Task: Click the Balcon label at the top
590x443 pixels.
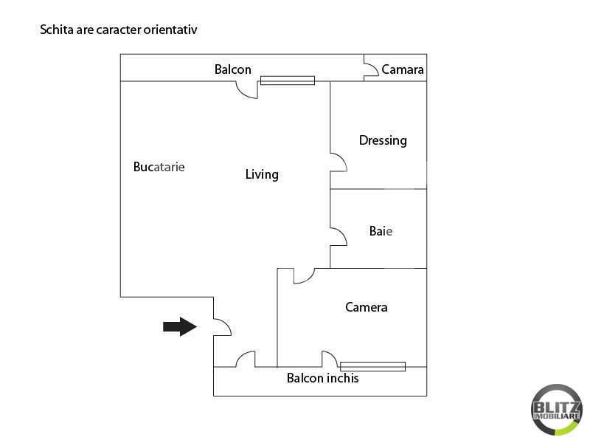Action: [232, 69]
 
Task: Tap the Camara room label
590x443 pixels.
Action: [402, 69]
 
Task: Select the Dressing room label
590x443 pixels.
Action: [383, 140]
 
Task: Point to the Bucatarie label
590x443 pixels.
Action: [159, 167]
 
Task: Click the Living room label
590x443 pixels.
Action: [262, 174]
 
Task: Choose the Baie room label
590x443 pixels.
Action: [381, 231]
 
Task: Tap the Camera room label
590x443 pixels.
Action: [366, 307]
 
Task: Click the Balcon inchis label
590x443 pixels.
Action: [322, 378]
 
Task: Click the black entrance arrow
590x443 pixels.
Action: [180, 326]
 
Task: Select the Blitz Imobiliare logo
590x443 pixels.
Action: [557, 410]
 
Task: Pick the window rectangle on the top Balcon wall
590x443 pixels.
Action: [288, 80]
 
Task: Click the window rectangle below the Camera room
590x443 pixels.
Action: [372, 366]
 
